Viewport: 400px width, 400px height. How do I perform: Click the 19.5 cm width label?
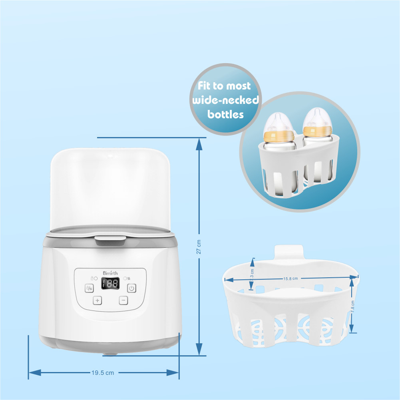[103, 373]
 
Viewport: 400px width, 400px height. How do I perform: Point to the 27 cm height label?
[199, 247]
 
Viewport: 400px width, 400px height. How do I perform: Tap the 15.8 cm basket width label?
[291, 279]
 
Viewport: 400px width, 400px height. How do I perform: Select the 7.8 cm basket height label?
[352, 308]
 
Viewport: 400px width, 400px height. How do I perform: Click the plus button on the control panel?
[98, 300]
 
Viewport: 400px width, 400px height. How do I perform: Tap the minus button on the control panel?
[123, 300]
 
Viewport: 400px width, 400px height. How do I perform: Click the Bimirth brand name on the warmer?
[110, 273]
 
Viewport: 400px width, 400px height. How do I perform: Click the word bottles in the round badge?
[225, 114]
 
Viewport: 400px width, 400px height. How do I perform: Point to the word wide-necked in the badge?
[225, 100]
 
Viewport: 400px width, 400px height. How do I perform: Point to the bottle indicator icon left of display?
[94, 278]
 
